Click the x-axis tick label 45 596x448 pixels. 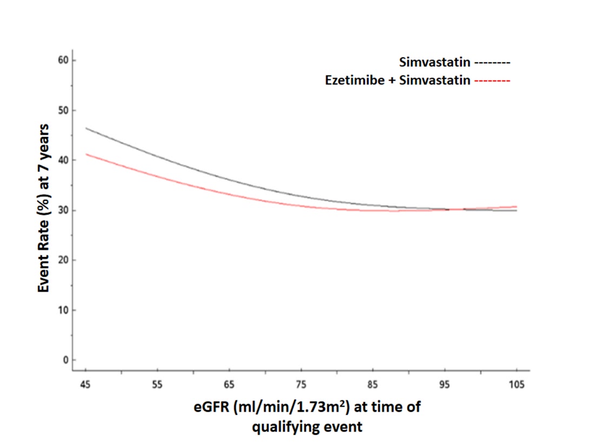pos(85,385)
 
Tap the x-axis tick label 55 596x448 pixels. pos(157,385)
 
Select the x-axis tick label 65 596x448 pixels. pos(229,385)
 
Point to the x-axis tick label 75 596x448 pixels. pos(301,385)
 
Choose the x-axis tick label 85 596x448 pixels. pos(373,385)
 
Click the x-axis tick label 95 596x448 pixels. pos(445,385)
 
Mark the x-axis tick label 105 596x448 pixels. pos(516,385)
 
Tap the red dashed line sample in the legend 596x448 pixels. pos(492,81)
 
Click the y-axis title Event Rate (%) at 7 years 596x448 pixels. pos(44,208)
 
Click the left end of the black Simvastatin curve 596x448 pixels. pos(86,128)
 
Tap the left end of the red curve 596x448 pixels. pos(86,154)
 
